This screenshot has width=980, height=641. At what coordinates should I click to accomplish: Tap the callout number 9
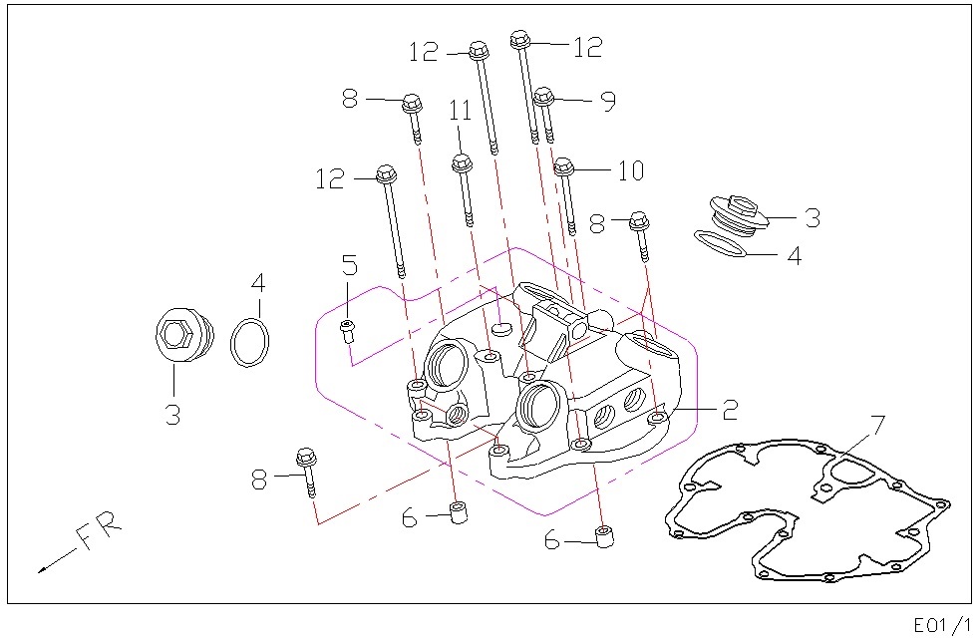coord(608,101)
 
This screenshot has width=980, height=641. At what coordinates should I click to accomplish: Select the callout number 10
coord(631,170)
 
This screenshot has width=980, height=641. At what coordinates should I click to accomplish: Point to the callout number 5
coord(349,265)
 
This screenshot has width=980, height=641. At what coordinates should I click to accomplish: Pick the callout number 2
coord(729,409)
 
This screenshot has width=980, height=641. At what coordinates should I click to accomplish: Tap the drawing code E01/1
coord(942,624)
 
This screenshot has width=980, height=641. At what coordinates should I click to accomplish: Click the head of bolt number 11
coord(461,162)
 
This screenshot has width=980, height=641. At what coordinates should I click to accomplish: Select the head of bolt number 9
coord(542,98)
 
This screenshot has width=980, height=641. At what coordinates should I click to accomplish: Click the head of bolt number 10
coord(564,166)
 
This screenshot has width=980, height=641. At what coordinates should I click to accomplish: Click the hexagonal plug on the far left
coord(181,334)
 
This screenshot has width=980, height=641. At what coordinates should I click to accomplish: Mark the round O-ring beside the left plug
coord(249,343)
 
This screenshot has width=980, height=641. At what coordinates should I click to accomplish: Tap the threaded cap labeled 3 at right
coord(736,212)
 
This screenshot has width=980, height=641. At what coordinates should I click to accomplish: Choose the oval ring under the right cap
coord(720,243)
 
